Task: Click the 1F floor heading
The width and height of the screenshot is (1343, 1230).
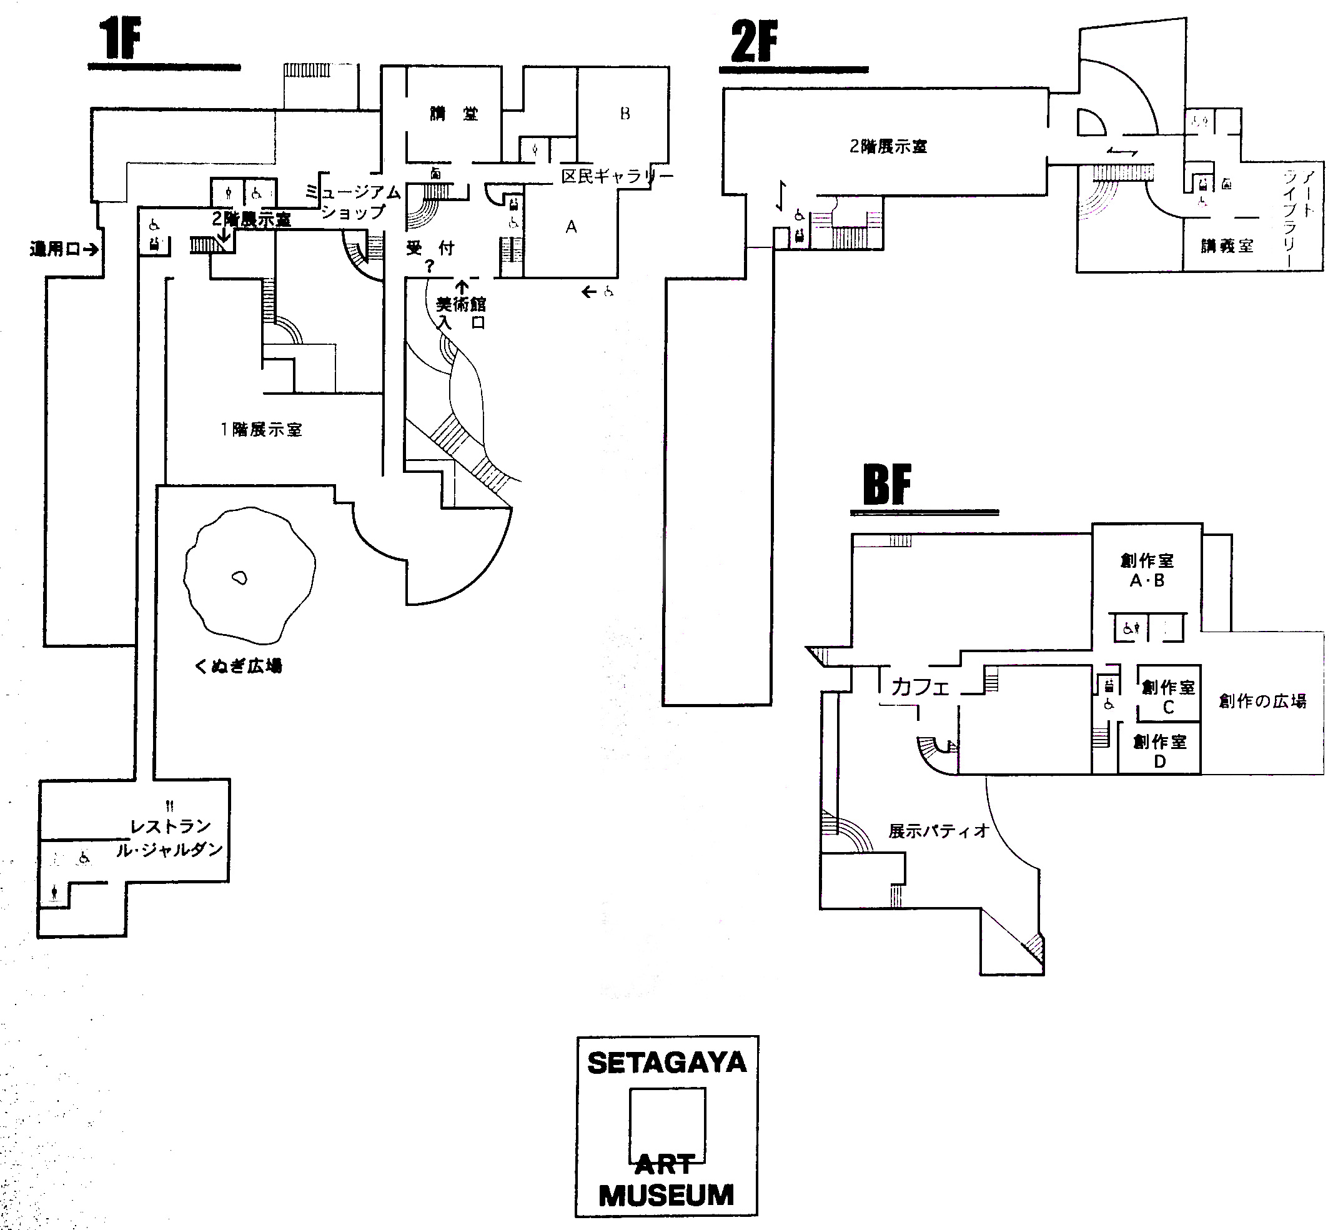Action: [121, 39]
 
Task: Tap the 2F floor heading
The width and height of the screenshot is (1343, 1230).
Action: [754, 41]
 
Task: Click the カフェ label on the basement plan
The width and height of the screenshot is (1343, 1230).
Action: [920, 687]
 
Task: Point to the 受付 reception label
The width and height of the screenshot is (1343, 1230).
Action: [430, 249]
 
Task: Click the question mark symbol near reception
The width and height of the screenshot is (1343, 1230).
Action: [429, 267]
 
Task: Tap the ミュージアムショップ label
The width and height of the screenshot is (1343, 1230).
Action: [354, 202]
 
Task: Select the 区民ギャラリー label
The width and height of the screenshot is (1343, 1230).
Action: [617, 177]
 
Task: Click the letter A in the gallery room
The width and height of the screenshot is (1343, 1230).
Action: [571, 227]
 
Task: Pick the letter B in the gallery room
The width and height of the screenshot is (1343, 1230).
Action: [625, 114]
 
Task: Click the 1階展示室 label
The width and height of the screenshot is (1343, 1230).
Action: [261, 430]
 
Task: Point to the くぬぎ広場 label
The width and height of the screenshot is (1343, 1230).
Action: [238, 666]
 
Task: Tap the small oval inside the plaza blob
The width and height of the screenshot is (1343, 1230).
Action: [239, 578]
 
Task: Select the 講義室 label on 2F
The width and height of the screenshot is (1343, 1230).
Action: [1227, 246]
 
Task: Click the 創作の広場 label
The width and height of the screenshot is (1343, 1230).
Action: [1262, 701]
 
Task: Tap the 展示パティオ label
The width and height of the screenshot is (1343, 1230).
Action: [938, 831]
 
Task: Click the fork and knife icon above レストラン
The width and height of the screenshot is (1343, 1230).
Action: [170, 807]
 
